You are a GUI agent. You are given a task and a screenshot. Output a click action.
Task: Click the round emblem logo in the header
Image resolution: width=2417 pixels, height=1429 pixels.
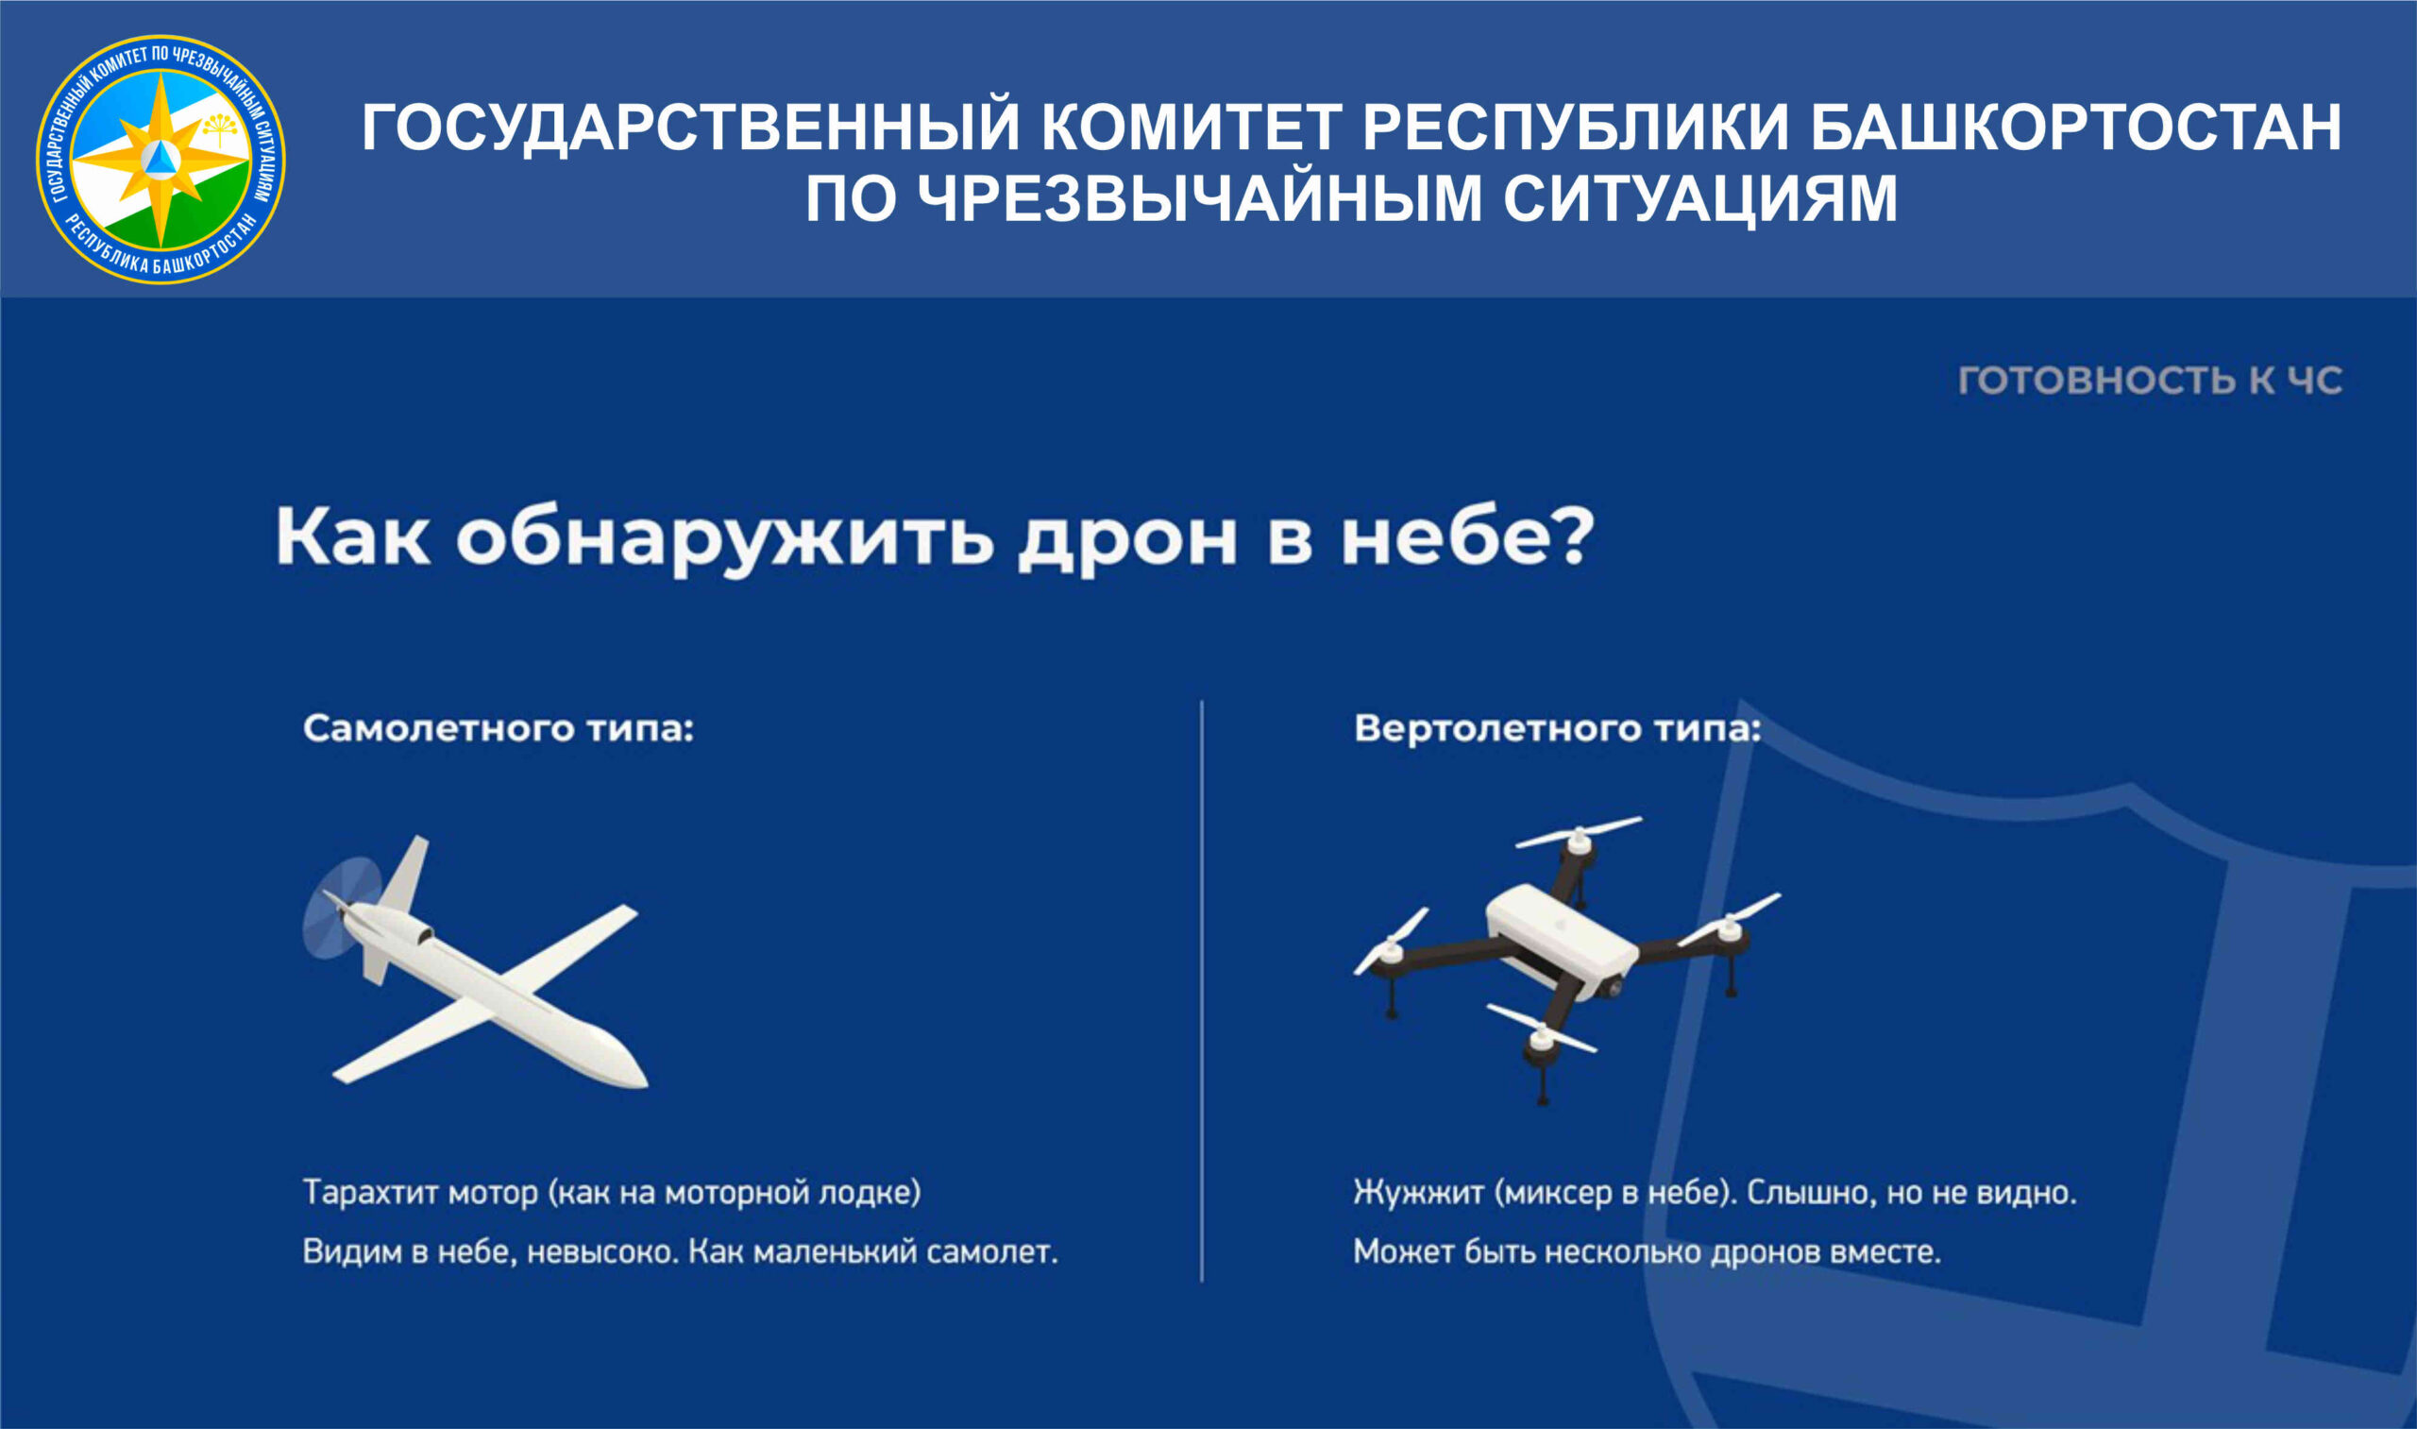point(161,160)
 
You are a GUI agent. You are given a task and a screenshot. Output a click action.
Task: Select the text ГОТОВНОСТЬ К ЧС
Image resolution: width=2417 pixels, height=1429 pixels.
point(2151,381)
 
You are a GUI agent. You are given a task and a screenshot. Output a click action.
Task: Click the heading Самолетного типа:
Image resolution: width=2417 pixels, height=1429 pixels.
point(499,729)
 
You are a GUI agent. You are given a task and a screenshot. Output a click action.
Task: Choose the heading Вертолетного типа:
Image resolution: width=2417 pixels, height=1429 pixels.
point(1558,729)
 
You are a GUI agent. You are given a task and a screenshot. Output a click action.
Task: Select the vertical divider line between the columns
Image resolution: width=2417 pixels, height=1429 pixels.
point(1201,991)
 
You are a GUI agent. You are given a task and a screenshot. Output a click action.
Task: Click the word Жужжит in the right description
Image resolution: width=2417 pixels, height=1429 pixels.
point(1419,1193)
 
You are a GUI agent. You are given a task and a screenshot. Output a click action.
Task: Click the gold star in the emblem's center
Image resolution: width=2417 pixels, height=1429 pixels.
point(161,160)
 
